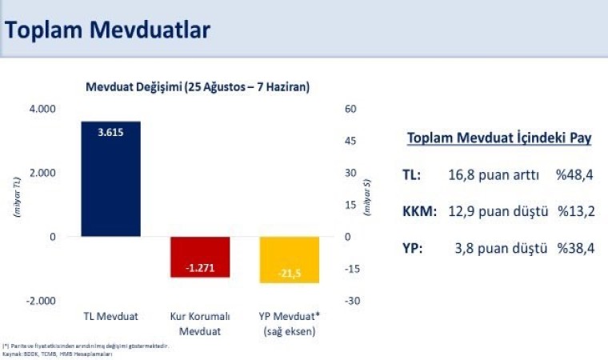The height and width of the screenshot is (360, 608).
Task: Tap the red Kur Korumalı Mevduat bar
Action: point(200,257)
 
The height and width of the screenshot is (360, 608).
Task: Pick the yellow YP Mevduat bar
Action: point(289,260)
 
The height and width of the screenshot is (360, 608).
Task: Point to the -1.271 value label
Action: point(200,268)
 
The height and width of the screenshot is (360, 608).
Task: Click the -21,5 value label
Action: point(289,274)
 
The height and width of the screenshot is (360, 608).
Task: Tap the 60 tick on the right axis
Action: point(350,109)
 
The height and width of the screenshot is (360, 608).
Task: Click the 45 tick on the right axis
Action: point(350,141)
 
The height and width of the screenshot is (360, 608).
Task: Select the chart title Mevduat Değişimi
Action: point(198,86)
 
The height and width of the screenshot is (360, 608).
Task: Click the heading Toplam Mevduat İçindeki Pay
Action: point(499,138)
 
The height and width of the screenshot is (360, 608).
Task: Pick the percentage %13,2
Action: point(574,212)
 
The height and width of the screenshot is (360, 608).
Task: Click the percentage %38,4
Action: point(574,249)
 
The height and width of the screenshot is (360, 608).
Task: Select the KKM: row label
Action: point(420,212)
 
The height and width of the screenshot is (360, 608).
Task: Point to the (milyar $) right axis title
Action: point(366,200)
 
